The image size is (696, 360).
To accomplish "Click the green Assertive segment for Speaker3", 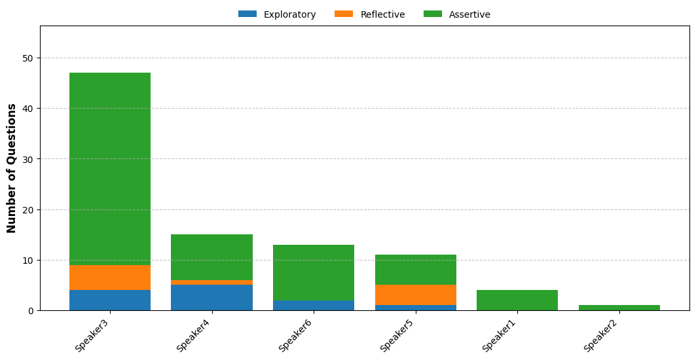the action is pyautogui.click(x=110, y=169).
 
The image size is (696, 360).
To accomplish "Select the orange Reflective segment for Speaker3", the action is pyautogui.click(x=110, y=278).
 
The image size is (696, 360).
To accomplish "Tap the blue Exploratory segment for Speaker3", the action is pyautogui.click(x=110, y=300).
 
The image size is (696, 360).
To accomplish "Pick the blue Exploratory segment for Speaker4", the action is pyautogui.click(x=211, y=298).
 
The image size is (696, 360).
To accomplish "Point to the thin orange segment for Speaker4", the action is pyautogui.click(x=211, y=282).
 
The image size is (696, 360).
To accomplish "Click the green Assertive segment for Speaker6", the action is pyautogui.click(x=314, y=272).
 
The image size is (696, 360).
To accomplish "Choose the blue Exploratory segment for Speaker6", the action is pyautogui.click(x=314, y=306).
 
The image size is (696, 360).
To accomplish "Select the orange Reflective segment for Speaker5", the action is pyautogui.click(x=416, y=295).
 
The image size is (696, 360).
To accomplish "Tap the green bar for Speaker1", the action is pyautogui.click(x=517, y=300).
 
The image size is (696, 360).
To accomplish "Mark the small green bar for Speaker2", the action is pyautogui.click(x=619, y=308).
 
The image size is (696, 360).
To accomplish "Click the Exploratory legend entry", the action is pyautogui.click(x=277, y=14).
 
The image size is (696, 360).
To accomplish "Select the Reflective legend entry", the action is pyautogui.click(x=370, y=14).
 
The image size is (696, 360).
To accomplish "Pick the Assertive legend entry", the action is pyautogui.click(x=457, y=14).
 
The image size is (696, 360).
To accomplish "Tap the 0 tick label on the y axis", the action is pyautogui.click(x=31, y=311).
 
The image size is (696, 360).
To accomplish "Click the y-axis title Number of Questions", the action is pyautogui.click(x=11, y=168).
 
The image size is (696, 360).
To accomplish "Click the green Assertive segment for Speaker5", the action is pyautogui.click(x=416, y=270).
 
